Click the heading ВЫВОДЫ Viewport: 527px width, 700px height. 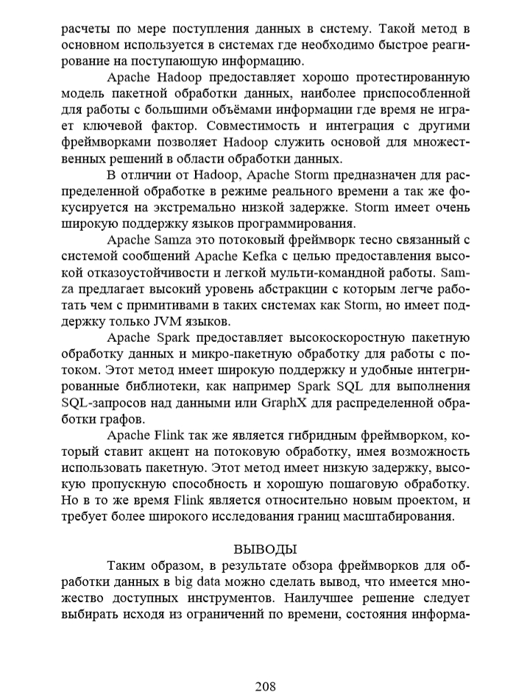click(x=264, y=549)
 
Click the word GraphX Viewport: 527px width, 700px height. click(x=285, y=402)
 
